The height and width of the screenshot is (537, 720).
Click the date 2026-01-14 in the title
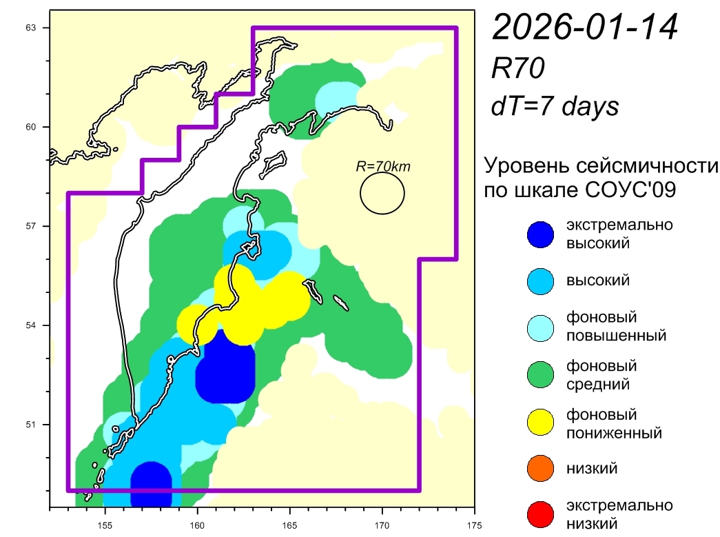586,29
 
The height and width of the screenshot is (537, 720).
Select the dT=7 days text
554,106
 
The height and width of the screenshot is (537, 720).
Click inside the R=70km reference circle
382,193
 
